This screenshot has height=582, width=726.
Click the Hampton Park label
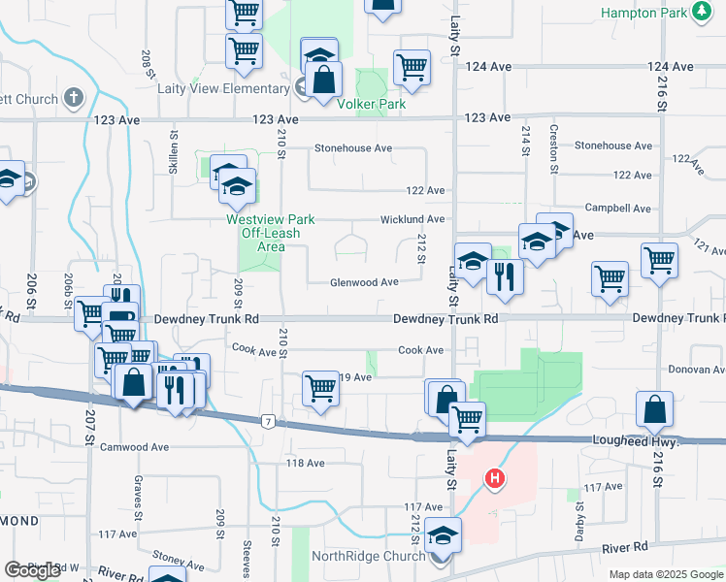643,13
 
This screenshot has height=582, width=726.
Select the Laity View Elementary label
224,88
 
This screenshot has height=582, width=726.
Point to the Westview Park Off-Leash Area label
263,233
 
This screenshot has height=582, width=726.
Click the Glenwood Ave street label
364,282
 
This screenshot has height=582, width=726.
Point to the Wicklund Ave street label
412,219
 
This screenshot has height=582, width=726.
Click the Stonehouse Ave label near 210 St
352,148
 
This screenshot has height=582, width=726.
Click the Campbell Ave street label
617,209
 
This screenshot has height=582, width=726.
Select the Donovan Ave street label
697,370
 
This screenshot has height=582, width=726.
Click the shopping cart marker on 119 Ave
320,389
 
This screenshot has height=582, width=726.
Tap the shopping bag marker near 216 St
655,409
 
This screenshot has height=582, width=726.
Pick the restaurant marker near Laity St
505,276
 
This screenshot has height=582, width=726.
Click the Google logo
33,570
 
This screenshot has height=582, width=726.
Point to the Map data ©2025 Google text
666,574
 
